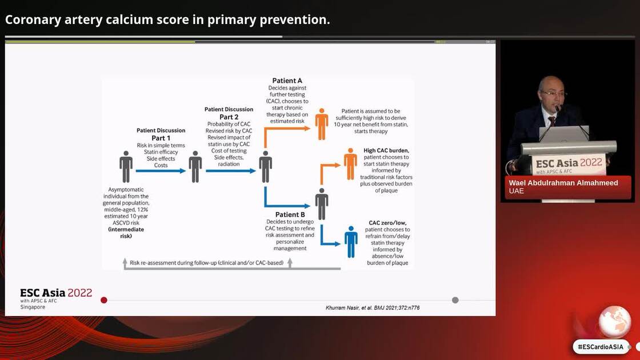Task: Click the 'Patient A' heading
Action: (287, 81)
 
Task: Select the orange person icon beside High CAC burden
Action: (350, 164)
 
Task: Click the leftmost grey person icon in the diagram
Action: (126, 167)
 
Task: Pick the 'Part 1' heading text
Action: (161, 138)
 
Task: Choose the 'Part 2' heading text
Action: (229, 117)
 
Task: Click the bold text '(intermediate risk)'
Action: (126, 233)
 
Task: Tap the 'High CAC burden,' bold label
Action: (386, 151)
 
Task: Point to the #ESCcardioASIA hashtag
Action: (600, 346)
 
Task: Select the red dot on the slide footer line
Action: (104, 300)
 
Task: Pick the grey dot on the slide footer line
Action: (455, 300)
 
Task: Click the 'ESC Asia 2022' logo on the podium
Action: (569, 162)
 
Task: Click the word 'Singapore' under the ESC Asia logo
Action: (33, 307)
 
